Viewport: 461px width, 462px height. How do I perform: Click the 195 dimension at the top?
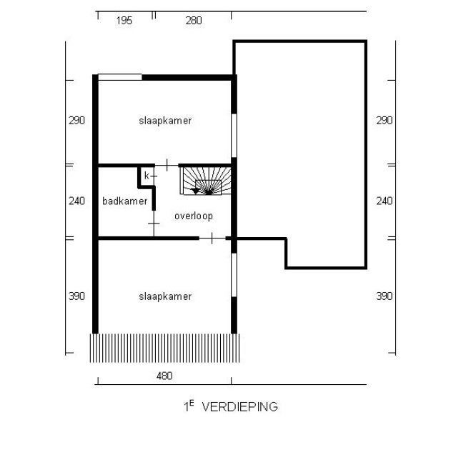click(124, 21)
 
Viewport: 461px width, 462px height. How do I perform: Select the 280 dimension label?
click(194, 21)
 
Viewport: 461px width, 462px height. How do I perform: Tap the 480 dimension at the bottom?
click(164, 376)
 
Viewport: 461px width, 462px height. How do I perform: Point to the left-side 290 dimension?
click(76, 121)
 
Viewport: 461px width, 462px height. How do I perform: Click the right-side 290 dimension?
click(385, 121)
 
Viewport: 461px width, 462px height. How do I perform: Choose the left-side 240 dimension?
click(76, 201)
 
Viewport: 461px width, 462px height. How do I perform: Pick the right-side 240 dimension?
click(385, 201)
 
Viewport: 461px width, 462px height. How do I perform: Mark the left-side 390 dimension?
click(76, 296)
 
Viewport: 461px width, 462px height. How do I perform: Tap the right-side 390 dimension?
click(385, 296)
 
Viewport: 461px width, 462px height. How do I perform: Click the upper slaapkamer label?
click(165, 121)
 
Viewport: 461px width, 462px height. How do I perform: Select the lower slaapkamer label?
click(165, 296)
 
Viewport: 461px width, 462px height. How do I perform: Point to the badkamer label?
click(125, 201)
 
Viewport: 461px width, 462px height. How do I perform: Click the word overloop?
click(194, 216)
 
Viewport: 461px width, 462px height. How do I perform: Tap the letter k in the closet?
click(147, 176)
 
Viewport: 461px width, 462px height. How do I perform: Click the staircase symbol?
click(206, 181)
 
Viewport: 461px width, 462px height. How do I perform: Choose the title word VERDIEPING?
click(239, 407)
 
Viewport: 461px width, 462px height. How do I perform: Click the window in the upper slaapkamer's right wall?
click(234, 136)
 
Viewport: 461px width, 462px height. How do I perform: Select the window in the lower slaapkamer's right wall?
click(234, 275)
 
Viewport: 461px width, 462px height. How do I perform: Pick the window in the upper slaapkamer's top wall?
click(120, 77)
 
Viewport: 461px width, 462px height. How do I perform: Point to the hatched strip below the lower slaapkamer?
click(164, 348)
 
